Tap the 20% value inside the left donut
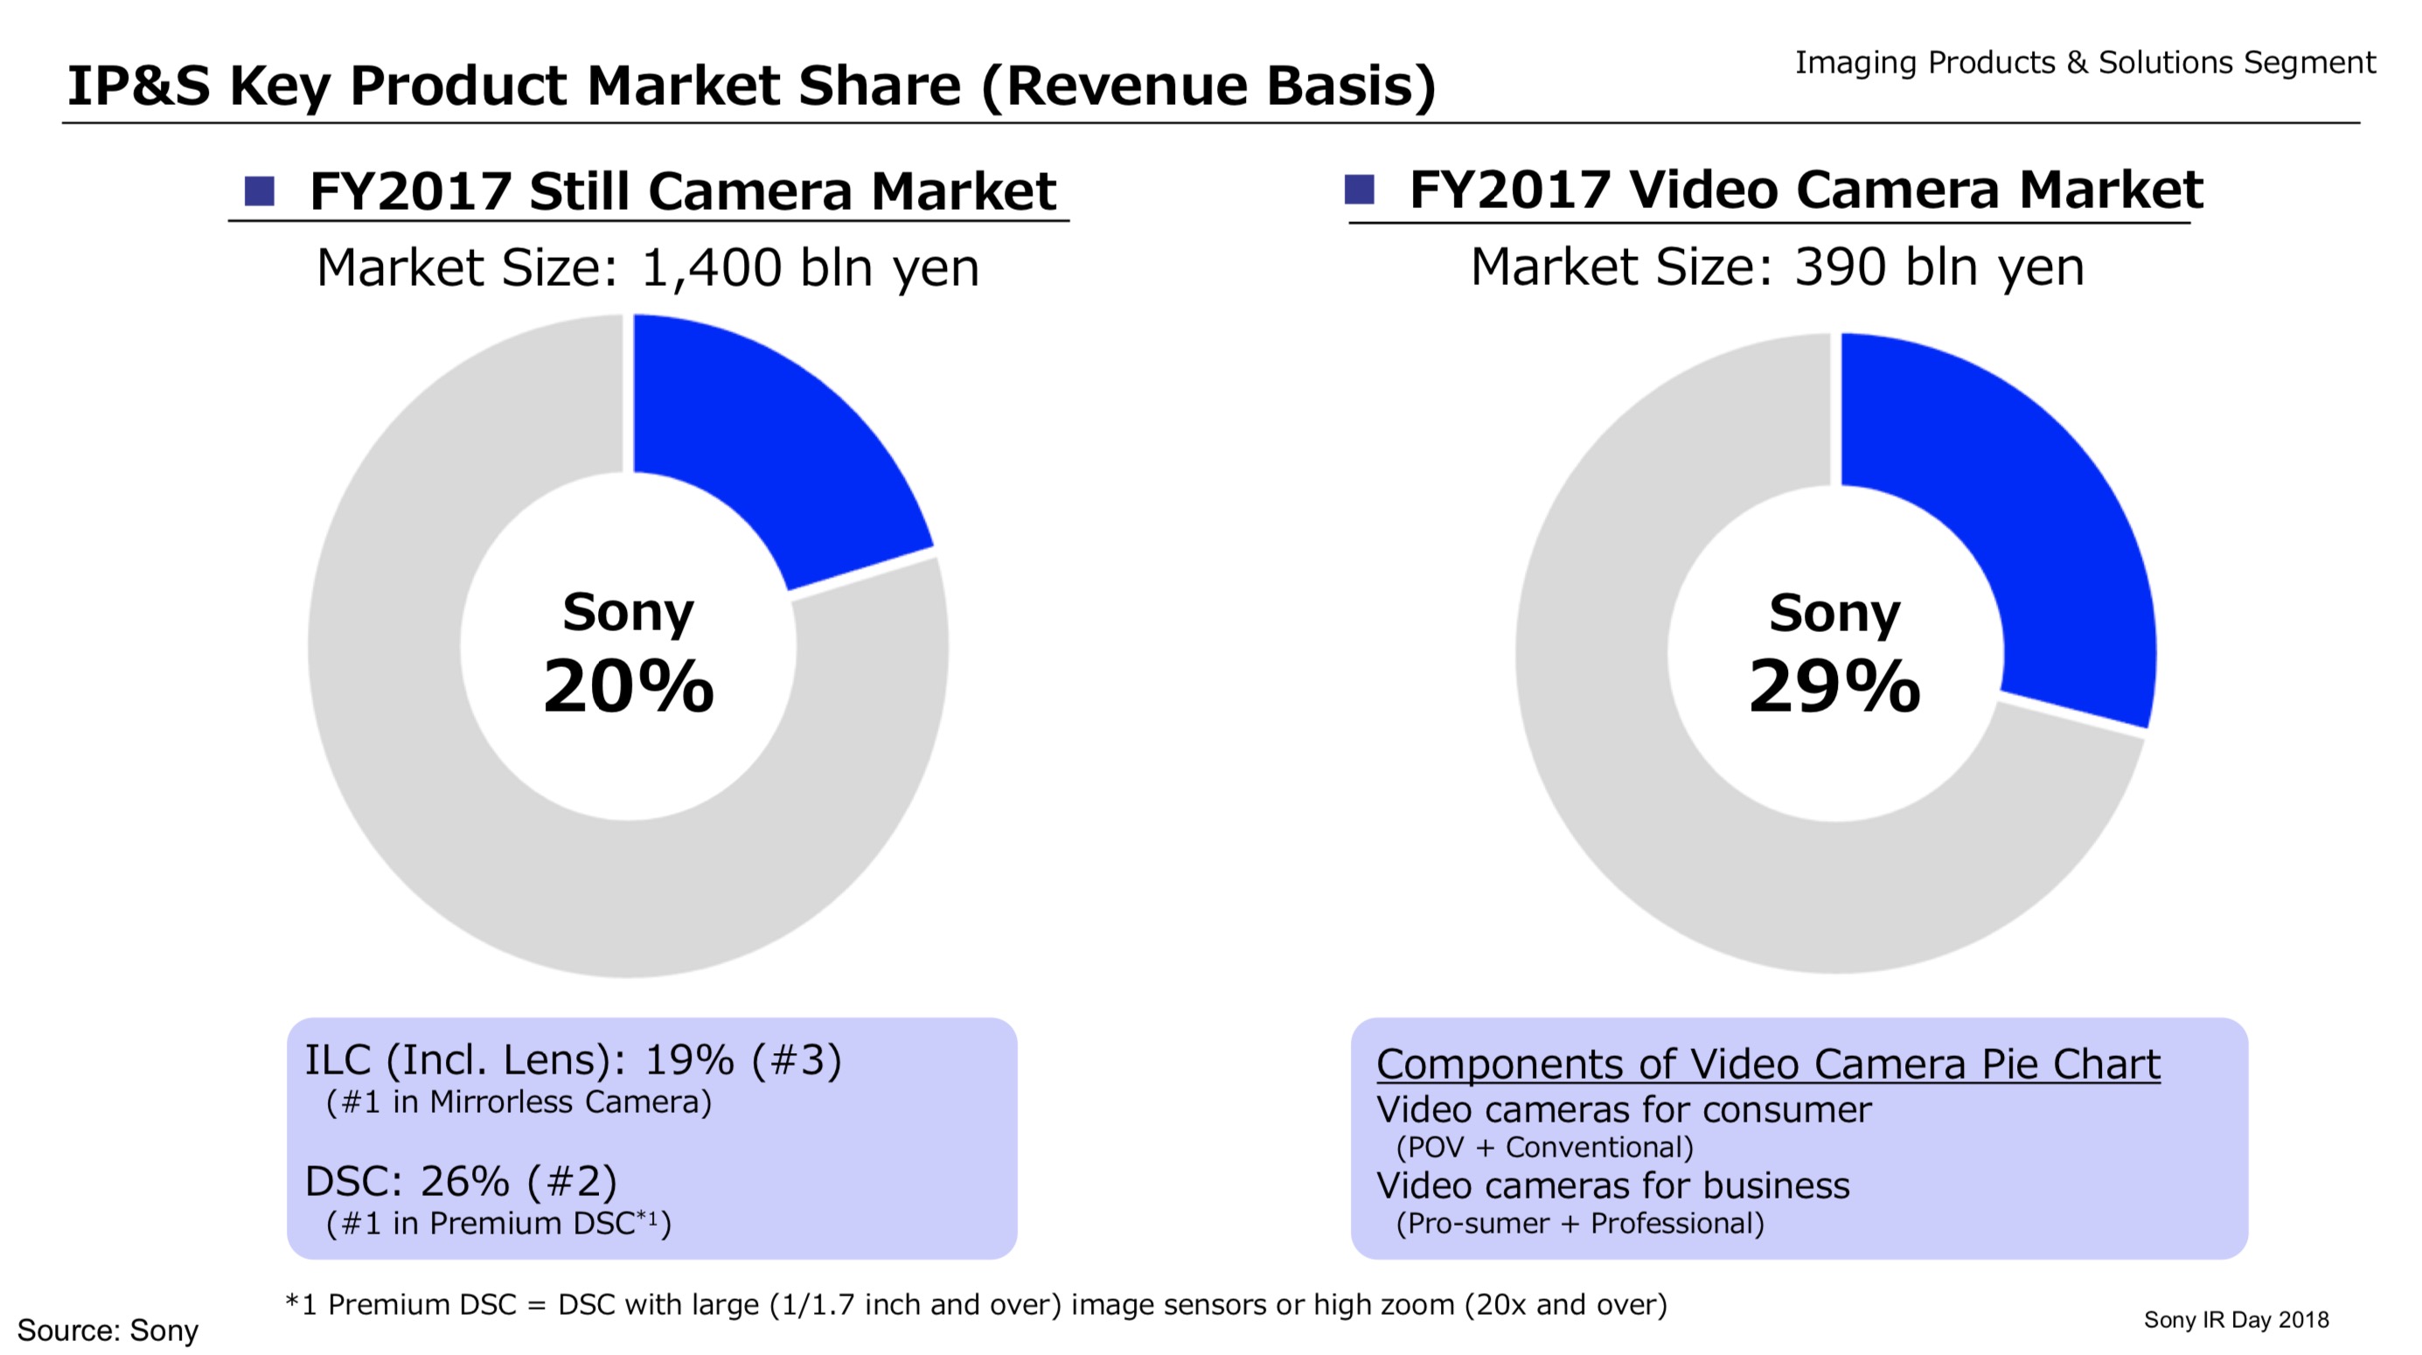[628, 686]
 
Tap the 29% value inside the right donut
[1834, 686]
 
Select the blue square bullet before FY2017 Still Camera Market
[260, 191]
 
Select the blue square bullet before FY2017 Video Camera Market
[1360, 189]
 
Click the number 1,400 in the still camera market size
[711, 268]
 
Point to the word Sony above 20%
[628, 612]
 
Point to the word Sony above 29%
[1834, 613]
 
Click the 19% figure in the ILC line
[689, 1060]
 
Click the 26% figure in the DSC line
[464, 1182]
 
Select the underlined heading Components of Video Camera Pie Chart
[1768, 1065]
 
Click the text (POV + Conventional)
[1545, 1147]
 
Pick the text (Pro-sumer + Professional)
[1580, 1223]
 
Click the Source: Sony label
[108, 1331]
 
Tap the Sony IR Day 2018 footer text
[2236, 1320]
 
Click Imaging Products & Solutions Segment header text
[2084, 63]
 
